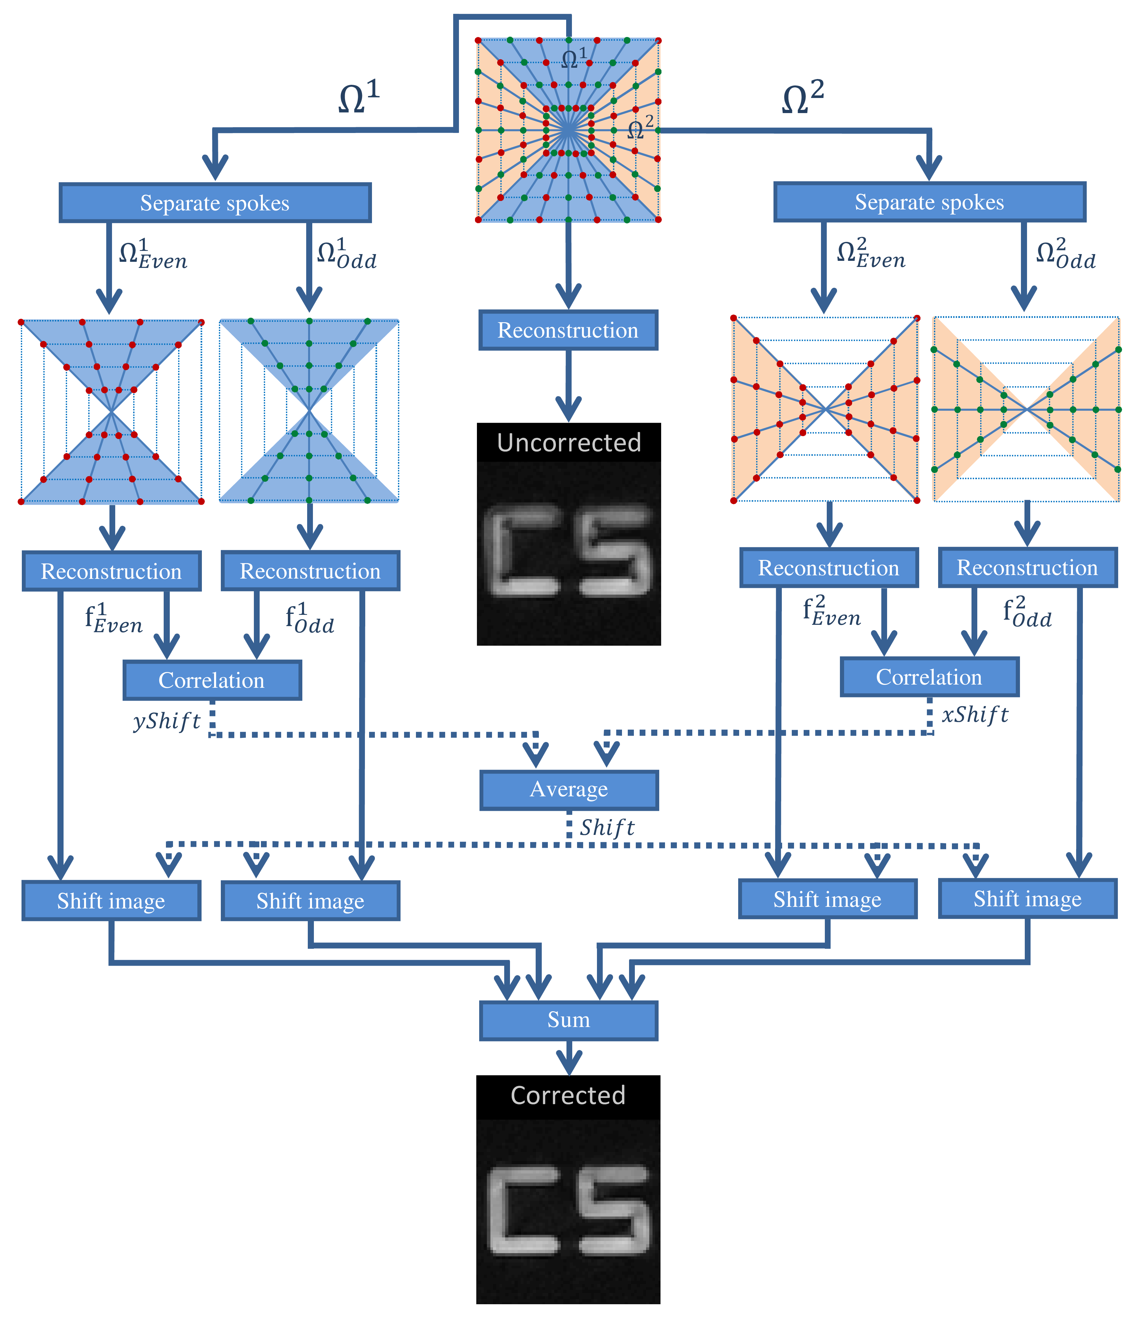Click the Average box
coord(569,790)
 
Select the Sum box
coord(569,1021)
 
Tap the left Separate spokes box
coord(215,203)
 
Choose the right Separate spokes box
coord(929,202)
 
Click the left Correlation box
coord(212,680)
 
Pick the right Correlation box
coord(929,677)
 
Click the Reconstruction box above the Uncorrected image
coord(568,330)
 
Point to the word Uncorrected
coord(569,442)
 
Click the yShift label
coord(167,722)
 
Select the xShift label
coord(975,715)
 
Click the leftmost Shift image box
coord(111,901)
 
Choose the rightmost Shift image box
coord(1027,899)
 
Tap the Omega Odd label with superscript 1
coord(346,254)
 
